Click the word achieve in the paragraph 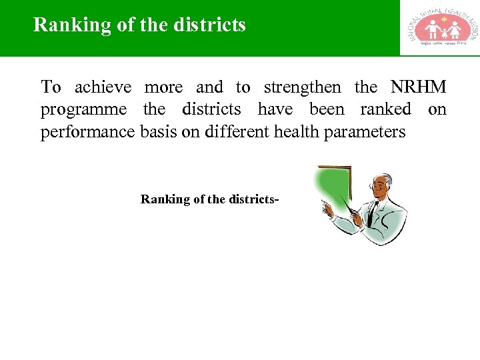(103, 87)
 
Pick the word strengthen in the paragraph (302, 87)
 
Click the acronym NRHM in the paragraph (418, 87)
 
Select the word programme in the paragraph (83, 110)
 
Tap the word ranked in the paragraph (385, 109)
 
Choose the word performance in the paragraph (88, 132)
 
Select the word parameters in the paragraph (365, 132)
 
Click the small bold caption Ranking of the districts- (209, 199)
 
